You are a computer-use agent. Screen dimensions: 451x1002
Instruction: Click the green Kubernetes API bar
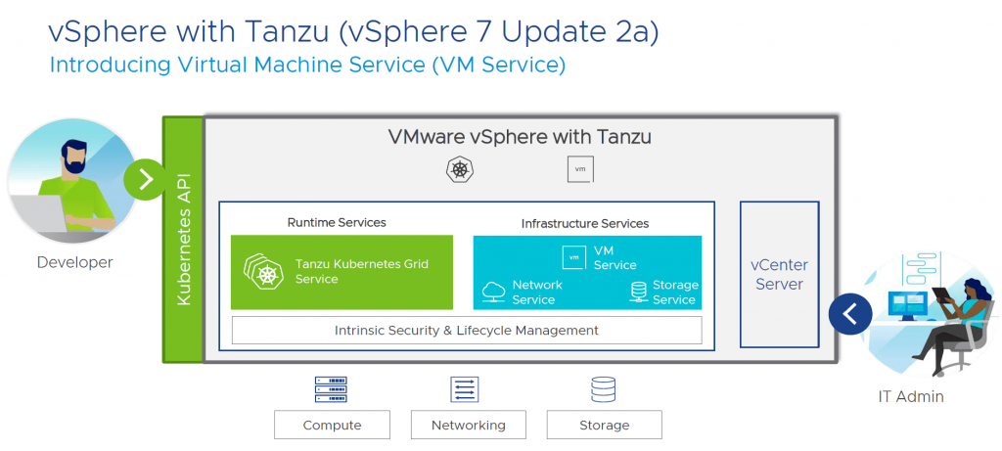click(x=183, y=240)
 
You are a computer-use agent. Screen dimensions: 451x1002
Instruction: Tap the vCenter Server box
click(x=779, y=274)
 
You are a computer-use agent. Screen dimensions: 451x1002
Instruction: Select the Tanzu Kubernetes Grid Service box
click(x=342, y=272)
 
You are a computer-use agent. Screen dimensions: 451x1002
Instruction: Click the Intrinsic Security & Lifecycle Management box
click(x=467, y=331)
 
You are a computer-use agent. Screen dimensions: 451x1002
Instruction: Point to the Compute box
click(x=332, y=425)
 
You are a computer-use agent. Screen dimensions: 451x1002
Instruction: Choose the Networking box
click(x=468, y=425)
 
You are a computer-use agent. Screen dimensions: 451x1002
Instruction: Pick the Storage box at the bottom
click(x=604, y=425)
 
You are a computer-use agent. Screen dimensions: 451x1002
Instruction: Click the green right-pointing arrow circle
click(x=146, y=179)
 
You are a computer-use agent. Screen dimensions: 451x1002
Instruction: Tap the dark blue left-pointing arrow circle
click(x=849, y=314)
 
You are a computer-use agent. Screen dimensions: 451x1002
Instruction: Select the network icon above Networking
click(x=465, y=389)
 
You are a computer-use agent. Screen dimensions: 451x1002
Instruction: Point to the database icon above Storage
click(x=603, y=389)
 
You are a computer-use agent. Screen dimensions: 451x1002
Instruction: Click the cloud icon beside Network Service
click(x=494, y=291)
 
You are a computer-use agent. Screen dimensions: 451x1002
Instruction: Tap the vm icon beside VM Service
click(x=574, y=257)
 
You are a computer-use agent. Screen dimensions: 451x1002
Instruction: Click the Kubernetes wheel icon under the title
click(x=459, y=170)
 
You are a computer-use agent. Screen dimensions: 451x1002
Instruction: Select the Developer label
click(x=74, y=262)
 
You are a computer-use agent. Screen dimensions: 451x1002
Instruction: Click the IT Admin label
click(x=910, y=396)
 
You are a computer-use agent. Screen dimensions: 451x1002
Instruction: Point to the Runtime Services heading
click(x=337, y=222)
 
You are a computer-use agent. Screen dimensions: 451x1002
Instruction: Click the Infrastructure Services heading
click(x=584, y=223)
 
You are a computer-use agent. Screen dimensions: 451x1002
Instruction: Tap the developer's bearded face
click(x=76, y=159)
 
